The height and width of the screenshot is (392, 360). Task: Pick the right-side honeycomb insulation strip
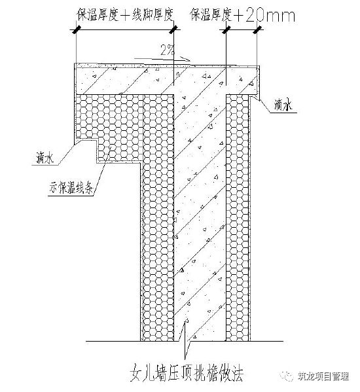pyautogui.click(x=238, y=216)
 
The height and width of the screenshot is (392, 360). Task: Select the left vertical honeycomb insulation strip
pyautogui.click(x=157, y=249)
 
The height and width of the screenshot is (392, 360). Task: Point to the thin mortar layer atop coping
pyautogui.click(x=164, y=65)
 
